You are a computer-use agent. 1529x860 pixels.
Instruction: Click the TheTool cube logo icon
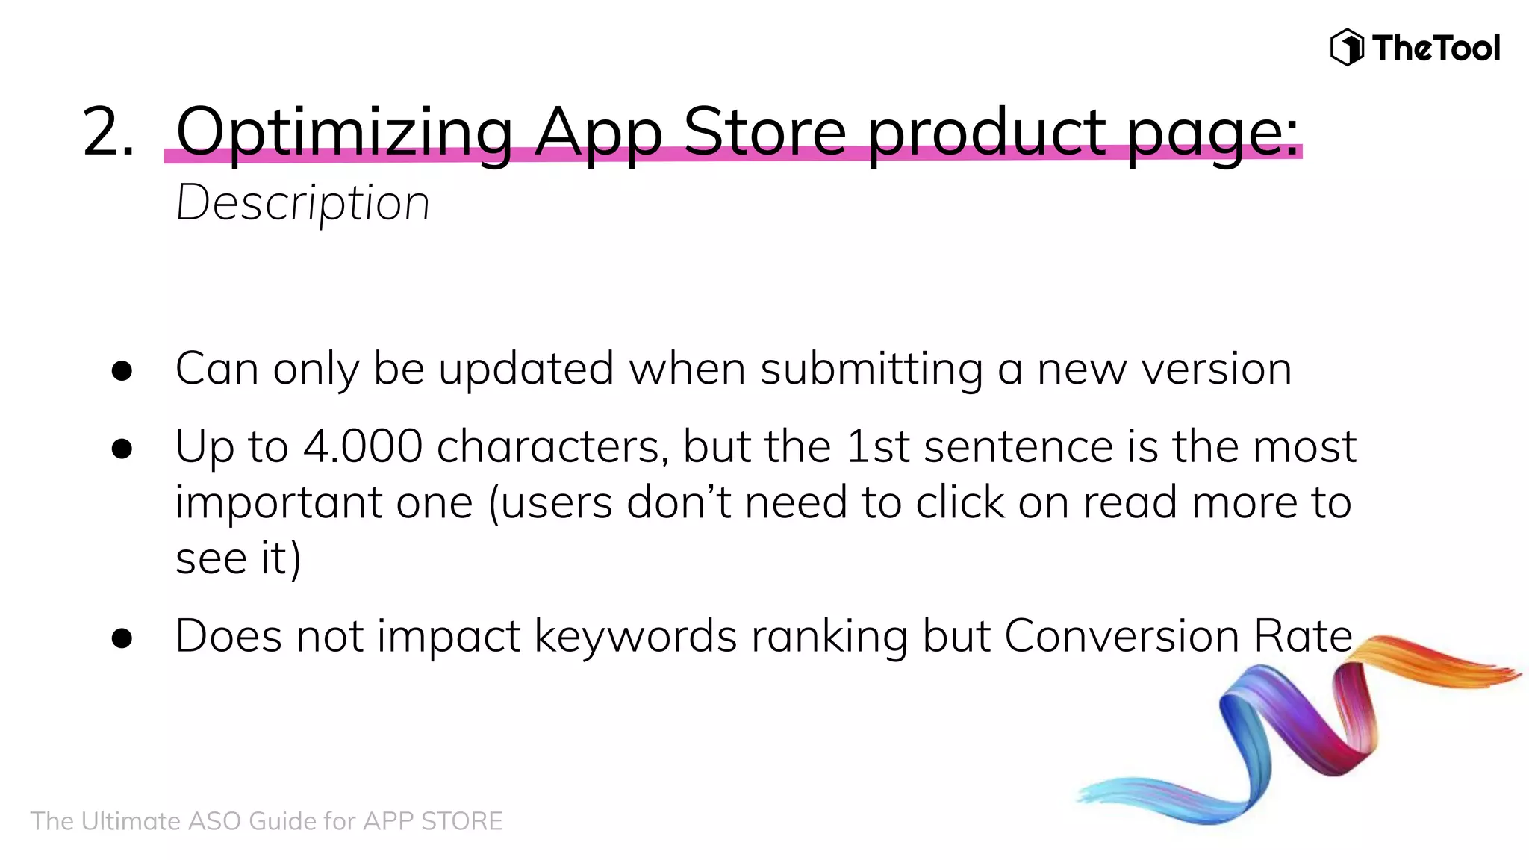pos(1347,48)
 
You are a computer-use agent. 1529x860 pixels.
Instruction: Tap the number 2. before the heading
pos(109,132)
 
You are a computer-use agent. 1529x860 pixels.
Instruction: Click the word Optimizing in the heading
pos(344,132)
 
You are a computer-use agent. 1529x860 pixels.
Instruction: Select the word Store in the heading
pos(764,132)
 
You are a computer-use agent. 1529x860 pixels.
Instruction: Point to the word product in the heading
pos(986,132)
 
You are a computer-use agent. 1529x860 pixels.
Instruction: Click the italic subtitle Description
pos(302,203)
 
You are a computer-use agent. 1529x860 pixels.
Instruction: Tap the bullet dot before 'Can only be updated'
pos(122,371)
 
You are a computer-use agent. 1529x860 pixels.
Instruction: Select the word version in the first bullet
pos(1216,370)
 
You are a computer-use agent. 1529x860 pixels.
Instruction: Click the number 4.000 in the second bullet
pos(363,447)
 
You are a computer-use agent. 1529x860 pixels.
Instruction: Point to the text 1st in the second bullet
pos(877,447)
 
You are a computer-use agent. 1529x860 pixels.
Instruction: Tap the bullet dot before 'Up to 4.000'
pos(122,449)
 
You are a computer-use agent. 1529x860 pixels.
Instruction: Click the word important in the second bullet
pos(278,503)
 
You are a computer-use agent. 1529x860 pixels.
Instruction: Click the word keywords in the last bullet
pos(635,638)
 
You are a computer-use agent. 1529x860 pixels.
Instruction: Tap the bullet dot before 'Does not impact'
pos(122,638)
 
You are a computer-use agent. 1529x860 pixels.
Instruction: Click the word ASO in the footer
pos(215,821)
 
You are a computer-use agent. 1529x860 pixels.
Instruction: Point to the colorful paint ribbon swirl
pos(1299,732)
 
